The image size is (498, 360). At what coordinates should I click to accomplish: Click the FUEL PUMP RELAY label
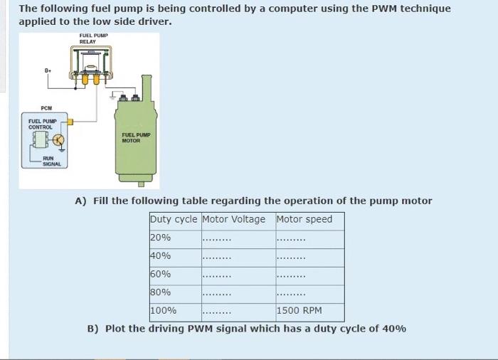click(x=89, y=38)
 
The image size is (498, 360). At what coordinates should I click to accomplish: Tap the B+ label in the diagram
click(x=48, y=70)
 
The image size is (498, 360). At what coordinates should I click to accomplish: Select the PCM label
click(x=46, y=108)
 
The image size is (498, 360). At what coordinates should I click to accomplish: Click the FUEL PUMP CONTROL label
click(x=42, y=124)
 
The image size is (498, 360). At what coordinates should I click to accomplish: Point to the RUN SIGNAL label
click(x=51, y=161)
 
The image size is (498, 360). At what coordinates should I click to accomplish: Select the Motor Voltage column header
click(x=233, y=219)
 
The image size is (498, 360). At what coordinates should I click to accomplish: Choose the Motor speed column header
click(x=304, y=219)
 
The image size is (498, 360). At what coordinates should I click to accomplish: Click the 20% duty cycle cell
click(x=160, y=238)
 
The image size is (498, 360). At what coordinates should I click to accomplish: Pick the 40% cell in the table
click(x=160, y=255)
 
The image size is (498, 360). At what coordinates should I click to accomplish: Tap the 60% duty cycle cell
click(x=160, y=274)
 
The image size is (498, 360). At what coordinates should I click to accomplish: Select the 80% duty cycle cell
click(x=160, y=292)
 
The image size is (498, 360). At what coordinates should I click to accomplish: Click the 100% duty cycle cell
click(x=163, y=310)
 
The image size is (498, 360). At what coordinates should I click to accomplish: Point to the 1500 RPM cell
click(x=299, y=310)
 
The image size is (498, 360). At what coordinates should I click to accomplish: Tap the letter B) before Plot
click(x=92, y=329)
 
